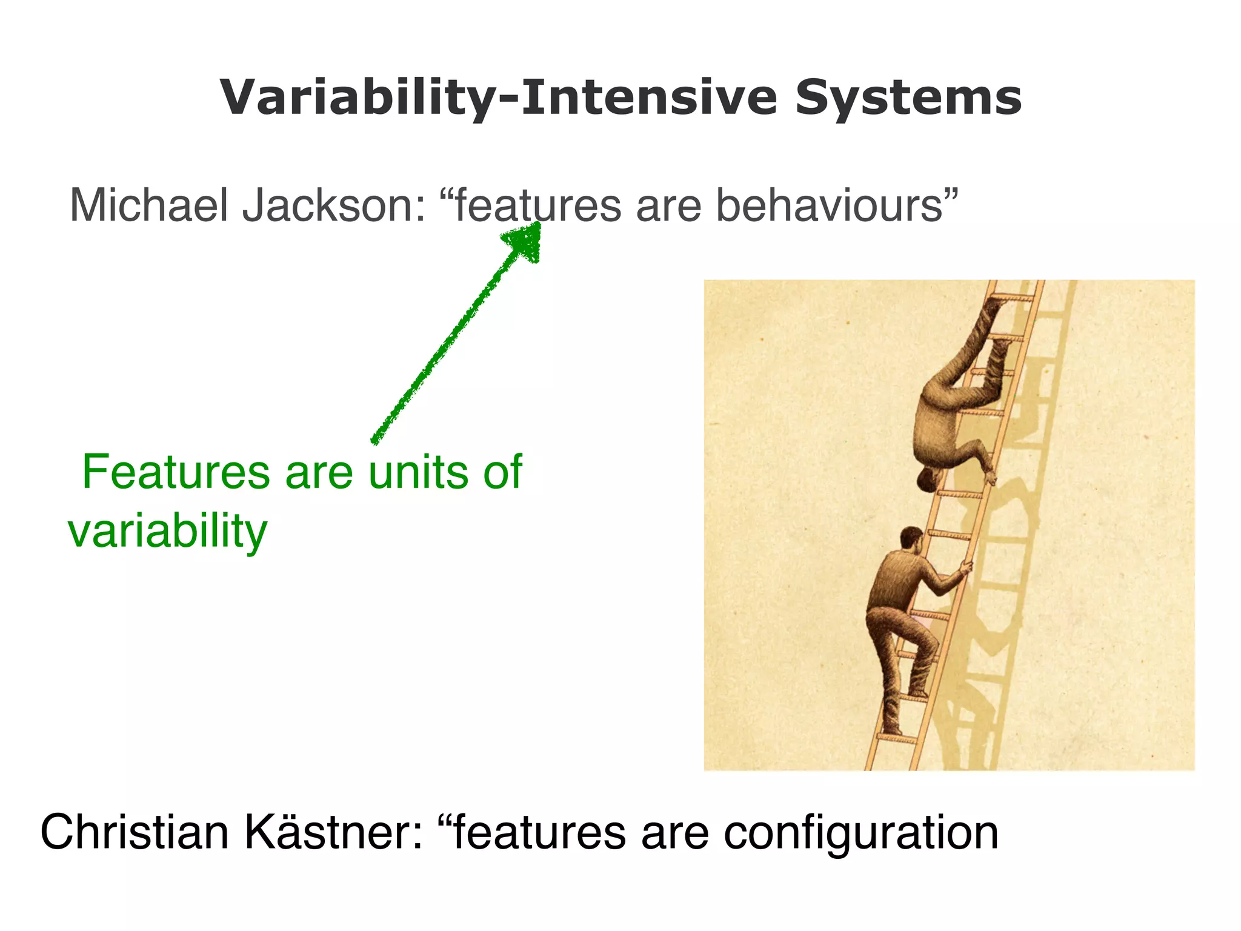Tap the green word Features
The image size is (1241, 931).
(176, 473)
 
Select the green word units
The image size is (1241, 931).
(418, 473)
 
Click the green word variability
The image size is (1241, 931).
(167, 532)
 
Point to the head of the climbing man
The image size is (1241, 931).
(911, 538)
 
